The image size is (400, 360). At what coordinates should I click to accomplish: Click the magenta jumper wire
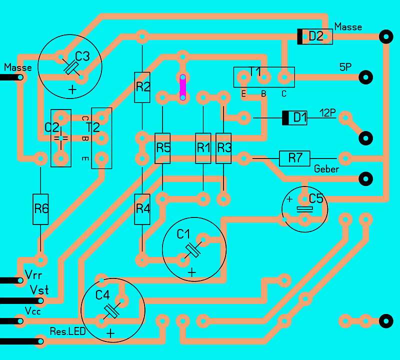pos(183,87)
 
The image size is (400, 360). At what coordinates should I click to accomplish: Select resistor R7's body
pos(294,158)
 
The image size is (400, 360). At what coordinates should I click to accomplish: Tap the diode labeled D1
pos(294,118)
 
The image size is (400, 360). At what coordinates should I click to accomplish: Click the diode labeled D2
pos(315,36)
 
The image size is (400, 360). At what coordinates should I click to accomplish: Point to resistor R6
pos(40,209)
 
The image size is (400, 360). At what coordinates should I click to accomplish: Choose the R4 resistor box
pos(142,209)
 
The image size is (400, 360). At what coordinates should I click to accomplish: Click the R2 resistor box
pos(142,87)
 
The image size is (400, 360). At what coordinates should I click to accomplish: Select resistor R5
pos(162,148)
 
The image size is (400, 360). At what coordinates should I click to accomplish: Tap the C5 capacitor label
pos(316,198)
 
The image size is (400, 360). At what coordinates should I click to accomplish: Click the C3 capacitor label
pos(82,56)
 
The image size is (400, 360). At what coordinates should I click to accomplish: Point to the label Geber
pos(326,169)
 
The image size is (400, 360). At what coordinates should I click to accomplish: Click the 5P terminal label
pos(345,67)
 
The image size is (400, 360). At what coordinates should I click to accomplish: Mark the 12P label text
pos(327,113)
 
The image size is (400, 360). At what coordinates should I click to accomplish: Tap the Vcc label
pos(32,311)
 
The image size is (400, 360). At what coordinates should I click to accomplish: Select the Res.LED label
pos(67,331)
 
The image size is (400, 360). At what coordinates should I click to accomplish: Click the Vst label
pos(39,290)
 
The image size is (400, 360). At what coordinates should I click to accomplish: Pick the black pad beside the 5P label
pos(366,77)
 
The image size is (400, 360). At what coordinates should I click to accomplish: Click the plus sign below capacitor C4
pos(110,333)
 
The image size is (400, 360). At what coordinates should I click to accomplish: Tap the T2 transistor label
pos(93,127)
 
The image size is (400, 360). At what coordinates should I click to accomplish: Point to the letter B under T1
pos(264,94)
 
